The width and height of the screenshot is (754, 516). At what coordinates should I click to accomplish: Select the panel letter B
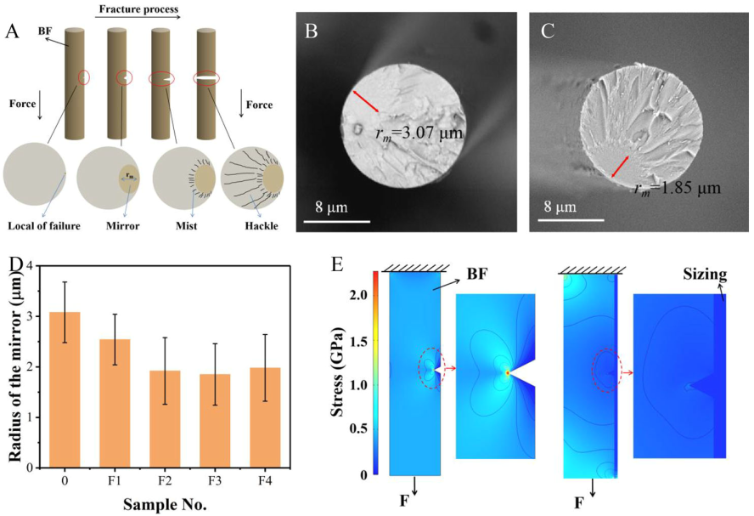point(311,32)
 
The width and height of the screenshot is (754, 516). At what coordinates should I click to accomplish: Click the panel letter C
point(547,32)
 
